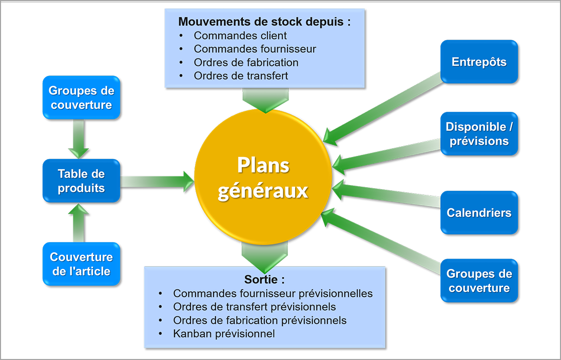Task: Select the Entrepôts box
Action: pos(479,62)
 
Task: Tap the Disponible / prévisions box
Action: pos(479,134)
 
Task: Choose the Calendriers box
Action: pos(479,212)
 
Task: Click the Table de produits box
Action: pos(81,181)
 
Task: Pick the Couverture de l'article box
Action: pos(81,264)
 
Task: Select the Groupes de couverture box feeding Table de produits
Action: pos(81,97)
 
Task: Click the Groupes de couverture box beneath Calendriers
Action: pos(479,281)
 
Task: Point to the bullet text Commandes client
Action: pos(240,36)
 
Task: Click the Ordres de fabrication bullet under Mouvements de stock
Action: pos(246,63)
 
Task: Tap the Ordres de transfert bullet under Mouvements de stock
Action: pos(241,76)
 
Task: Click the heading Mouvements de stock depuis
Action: pos(264,22)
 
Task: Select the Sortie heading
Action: pos(264,280)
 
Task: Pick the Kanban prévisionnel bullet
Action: pos(224,333)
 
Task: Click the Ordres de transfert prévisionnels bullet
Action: pos(254,307)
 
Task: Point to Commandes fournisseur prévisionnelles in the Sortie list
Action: pos(273,293)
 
